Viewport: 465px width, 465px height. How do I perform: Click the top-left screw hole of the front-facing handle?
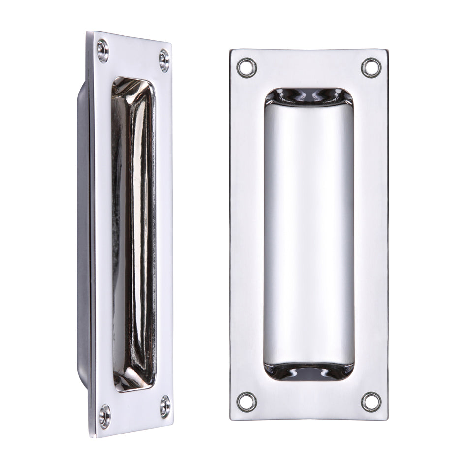coord(247,67)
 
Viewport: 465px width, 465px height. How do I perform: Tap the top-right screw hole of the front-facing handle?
coord(371,67)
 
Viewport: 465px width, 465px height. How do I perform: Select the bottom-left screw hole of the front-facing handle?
coord(247,402)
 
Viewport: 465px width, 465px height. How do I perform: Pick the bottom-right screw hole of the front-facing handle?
coord(371,402)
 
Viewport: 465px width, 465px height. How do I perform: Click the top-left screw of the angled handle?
coord(103,50)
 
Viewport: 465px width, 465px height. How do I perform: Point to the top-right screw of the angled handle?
coord(164,61)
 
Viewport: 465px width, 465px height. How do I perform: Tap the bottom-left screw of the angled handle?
coord(104,416)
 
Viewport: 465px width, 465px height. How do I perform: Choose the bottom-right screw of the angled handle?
coord(165,406)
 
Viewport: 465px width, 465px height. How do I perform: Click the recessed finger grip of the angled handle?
coord(133,236)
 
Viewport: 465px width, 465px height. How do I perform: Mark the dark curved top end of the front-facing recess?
coord(309,96)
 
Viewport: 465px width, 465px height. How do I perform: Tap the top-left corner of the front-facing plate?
coord(231,50)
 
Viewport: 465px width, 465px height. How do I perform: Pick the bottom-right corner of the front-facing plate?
coord(387,419)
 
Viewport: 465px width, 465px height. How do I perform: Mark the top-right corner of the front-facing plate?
coord(387,50)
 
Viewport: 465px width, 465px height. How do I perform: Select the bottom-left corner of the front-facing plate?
coord(231,419)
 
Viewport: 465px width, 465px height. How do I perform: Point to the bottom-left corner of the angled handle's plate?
coord(92,436)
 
